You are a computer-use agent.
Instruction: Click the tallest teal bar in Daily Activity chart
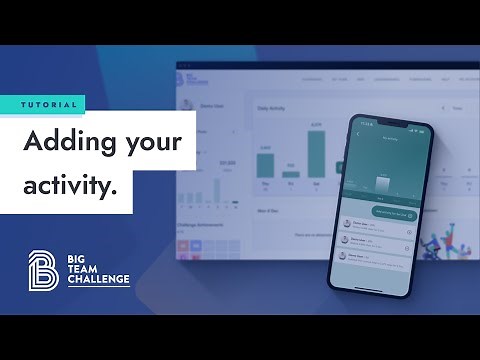pyautogui.click(x=317, y=155)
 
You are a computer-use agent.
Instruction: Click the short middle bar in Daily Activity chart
pyautogui.click(x=291, y=174)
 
